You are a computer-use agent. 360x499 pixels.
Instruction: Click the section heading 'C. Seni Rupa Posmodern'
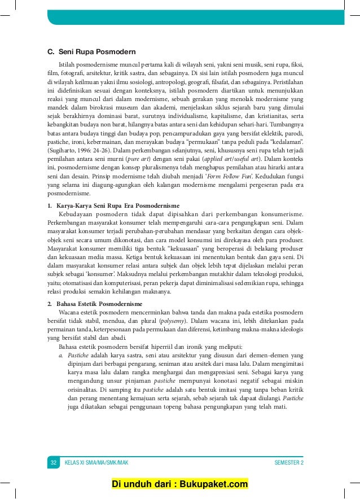[x=91, y=52]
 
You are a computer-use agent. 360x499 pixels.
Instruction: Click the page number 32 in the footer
[x=54, y=463]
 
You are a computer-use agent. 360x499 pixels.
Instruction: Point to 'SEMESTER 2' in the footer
[x=289, y=463]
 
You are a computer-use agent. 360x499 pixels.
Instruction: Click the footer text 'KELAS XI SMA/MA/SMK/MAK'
[x=96, y=463]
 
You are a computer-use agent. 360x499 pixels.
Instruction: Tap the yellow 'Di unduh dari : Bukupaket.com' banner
[x=179, y=484]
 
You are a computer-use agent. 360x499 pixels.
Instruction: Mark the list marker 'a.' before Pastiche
[x=61, y=356]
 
